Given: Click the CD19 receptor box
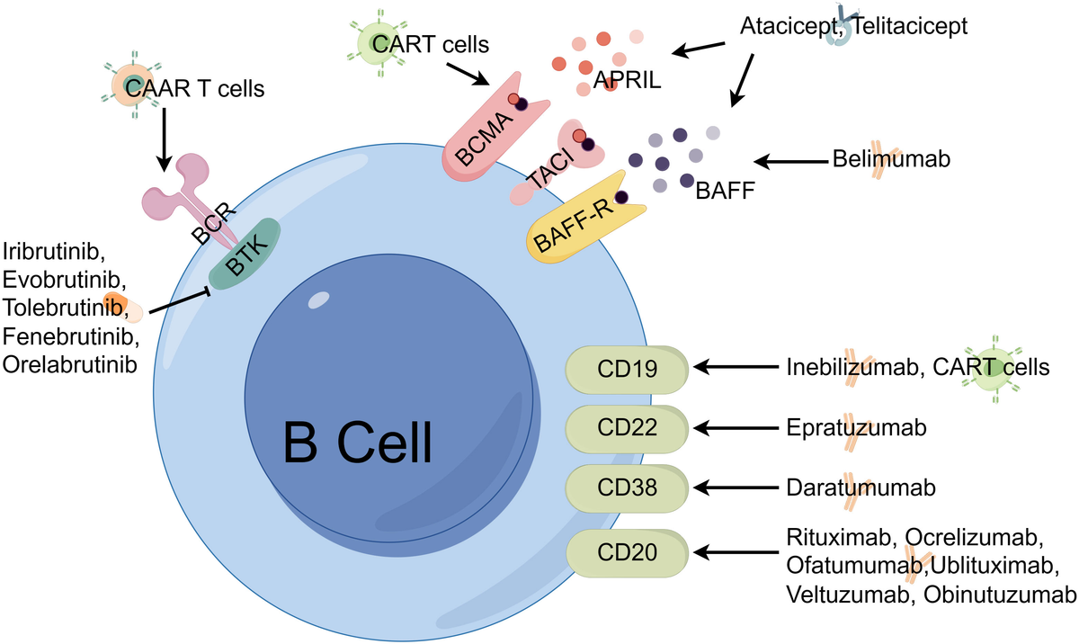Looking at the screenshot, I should pyautogui.click(x=628, y=367).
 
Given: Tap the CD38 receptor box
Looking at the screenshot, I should pyautogui.click(x=628, y=487).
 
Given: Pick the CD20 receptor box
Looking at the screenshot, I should pyautogui.click(x=628, y=550).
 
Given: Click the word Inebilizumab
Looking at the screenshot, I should pyautogui.click(x=854, y=367).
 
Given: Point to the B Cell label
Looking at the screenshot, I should pyautogui.click(x=358, y=441).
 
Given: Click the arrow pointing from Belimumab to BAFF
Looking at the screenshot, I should pyautogui.click(x=791, y=162).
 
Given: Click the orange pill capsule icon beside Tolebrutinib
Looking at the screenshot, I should pyautogui.click(x=122, y=307).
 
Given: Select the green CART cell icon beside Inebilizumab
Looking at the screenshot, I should pyautogui.click(x=992, y=369).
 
